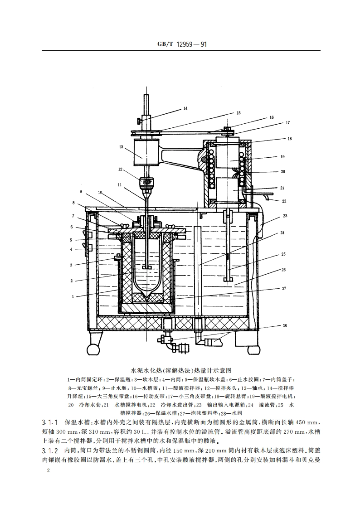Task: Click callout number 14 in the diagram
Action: (185, 108)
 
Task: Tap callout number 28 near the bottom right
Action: (284, 326)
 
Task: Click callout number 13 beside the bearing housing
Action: (121, 147)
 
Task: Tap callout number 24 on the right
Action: (282, 233)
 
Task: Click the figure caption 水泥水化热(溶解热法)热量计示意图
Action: (181, 370)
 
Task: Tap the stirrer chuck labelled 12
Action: (146, 181)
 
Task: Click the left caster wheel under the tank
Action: (92, 349)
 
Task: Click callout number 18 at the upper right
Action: (289, 139)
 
